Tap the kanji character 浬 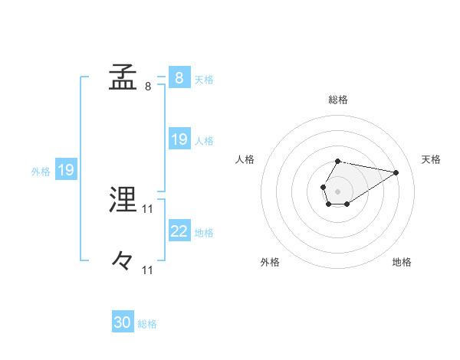[123, 201]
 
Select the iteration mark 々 [123, 261]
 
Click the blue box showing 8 [179, 78]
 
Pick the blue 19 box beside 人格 [179, 139]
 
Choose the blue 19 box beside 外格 [66, 170]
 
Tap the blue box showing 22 [179, 231]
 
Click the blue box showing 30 [123, 322]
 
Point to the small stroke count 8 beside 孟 [148, 87]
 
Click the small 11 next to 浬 [148, 209]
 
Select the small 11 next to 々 [148, 270]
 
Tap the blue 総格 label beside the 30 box [147, 324]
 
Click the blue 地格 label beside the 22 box [204, 233]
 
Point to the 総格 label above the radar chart [338, 100]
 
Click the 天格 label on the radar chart [431, 159]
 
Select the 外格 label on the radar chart [270, 262]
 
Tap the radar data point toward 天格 [396, 172]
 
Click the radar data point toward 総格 [338, 162]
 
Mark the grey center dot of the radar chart [337, 190]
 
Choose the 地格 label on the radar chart [402, 262]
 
